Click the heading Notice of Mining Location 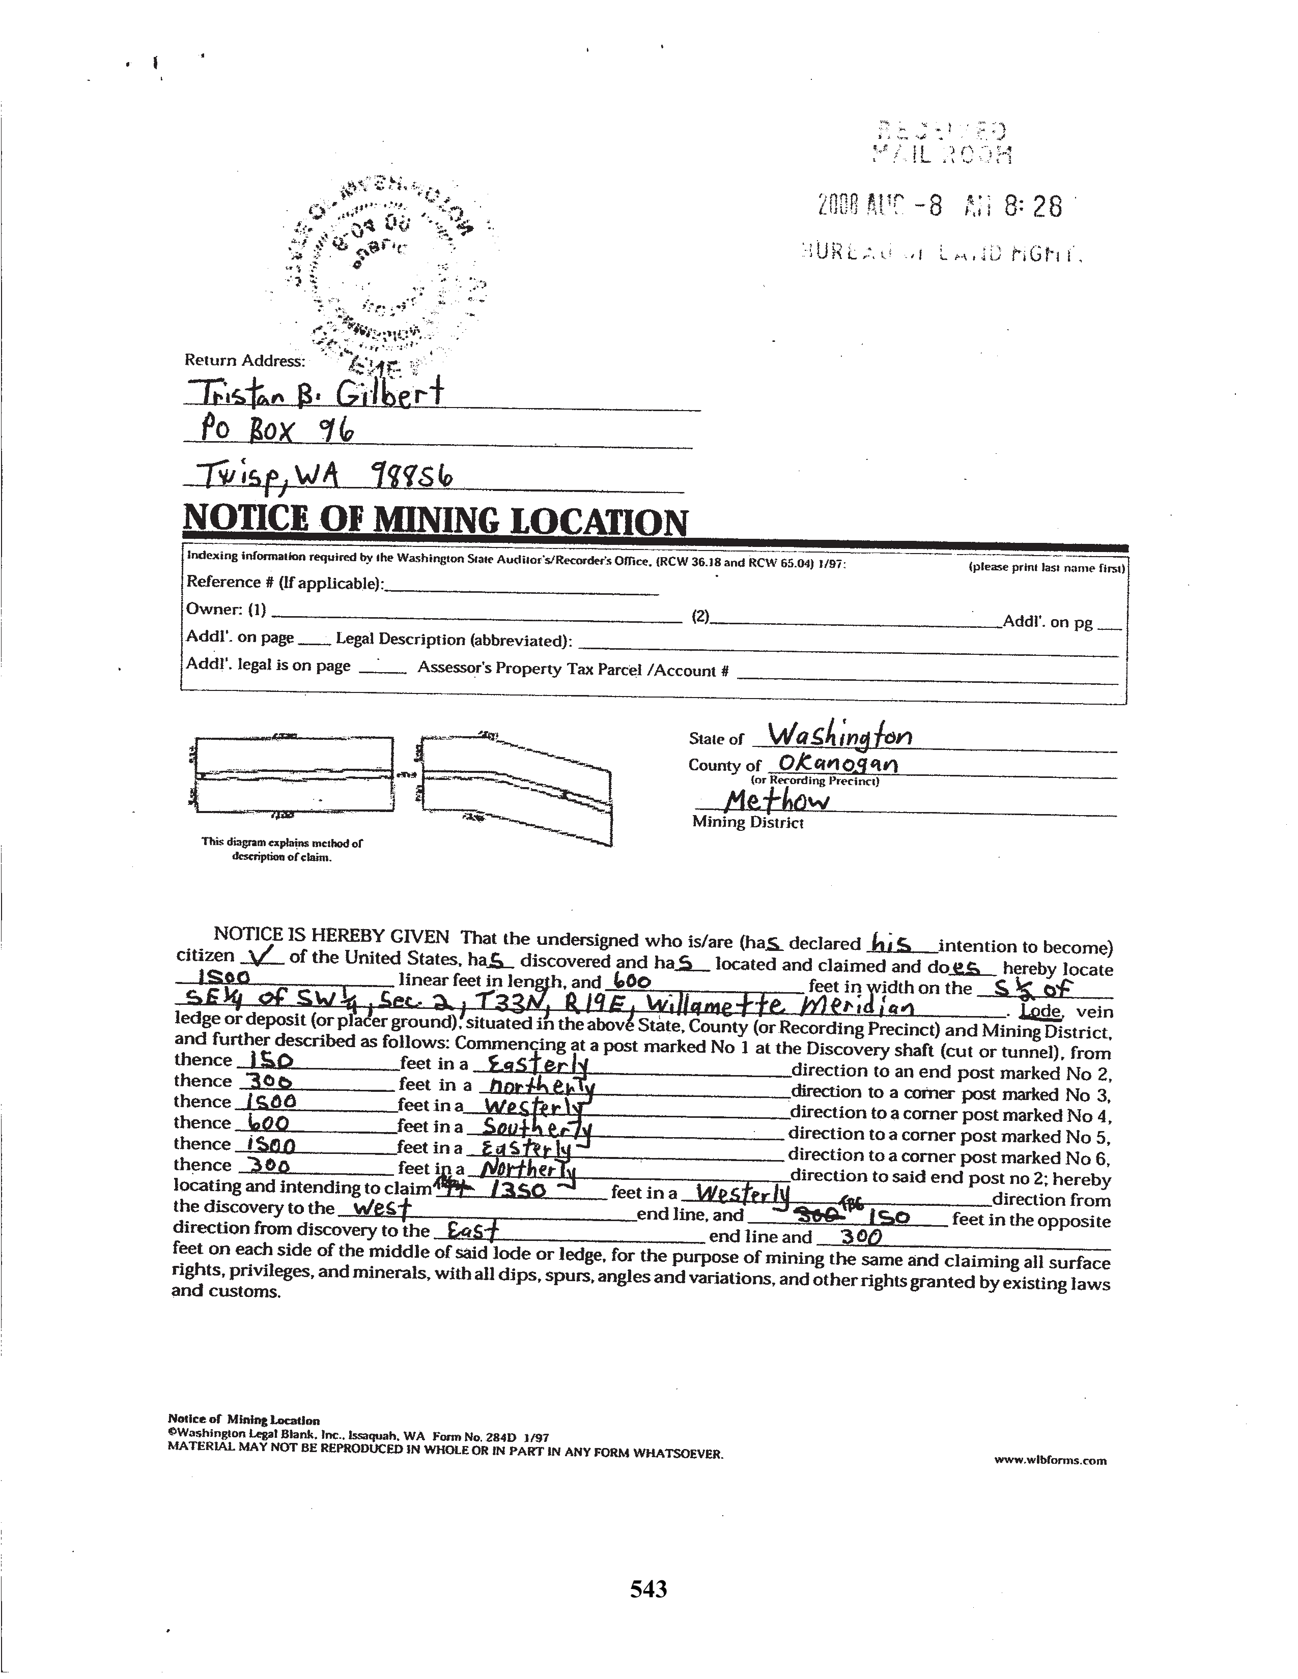(x=435, y=522)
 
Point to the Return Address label (x=244, y=360)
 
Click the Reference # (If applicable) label (x=285, y=582)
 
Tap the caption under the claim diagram (x=281, y=849)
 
